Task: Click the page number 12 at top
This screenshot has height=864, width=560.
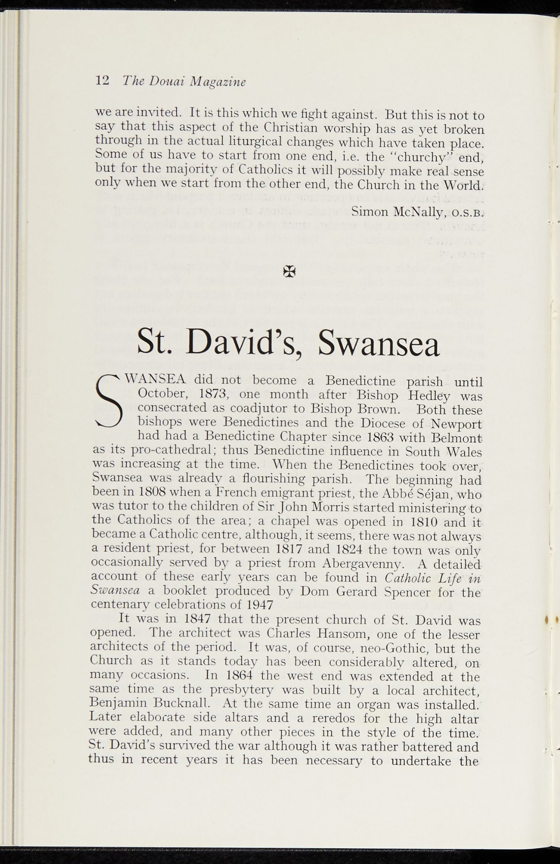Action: tap(103, 80)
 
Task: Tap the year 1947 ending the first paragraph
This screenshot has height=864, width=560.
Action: tap(258, 605)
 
